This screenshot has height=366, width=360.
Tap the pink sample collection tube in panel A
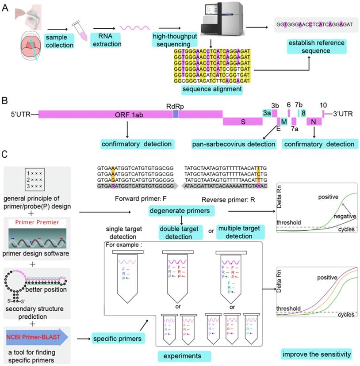[78, 27]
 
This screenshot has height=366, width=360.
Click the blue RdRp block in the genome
[176, 114]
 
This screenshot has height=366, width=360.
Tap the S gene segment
[243, 121]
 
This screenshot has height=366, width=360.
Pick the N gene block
[314, 121]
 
